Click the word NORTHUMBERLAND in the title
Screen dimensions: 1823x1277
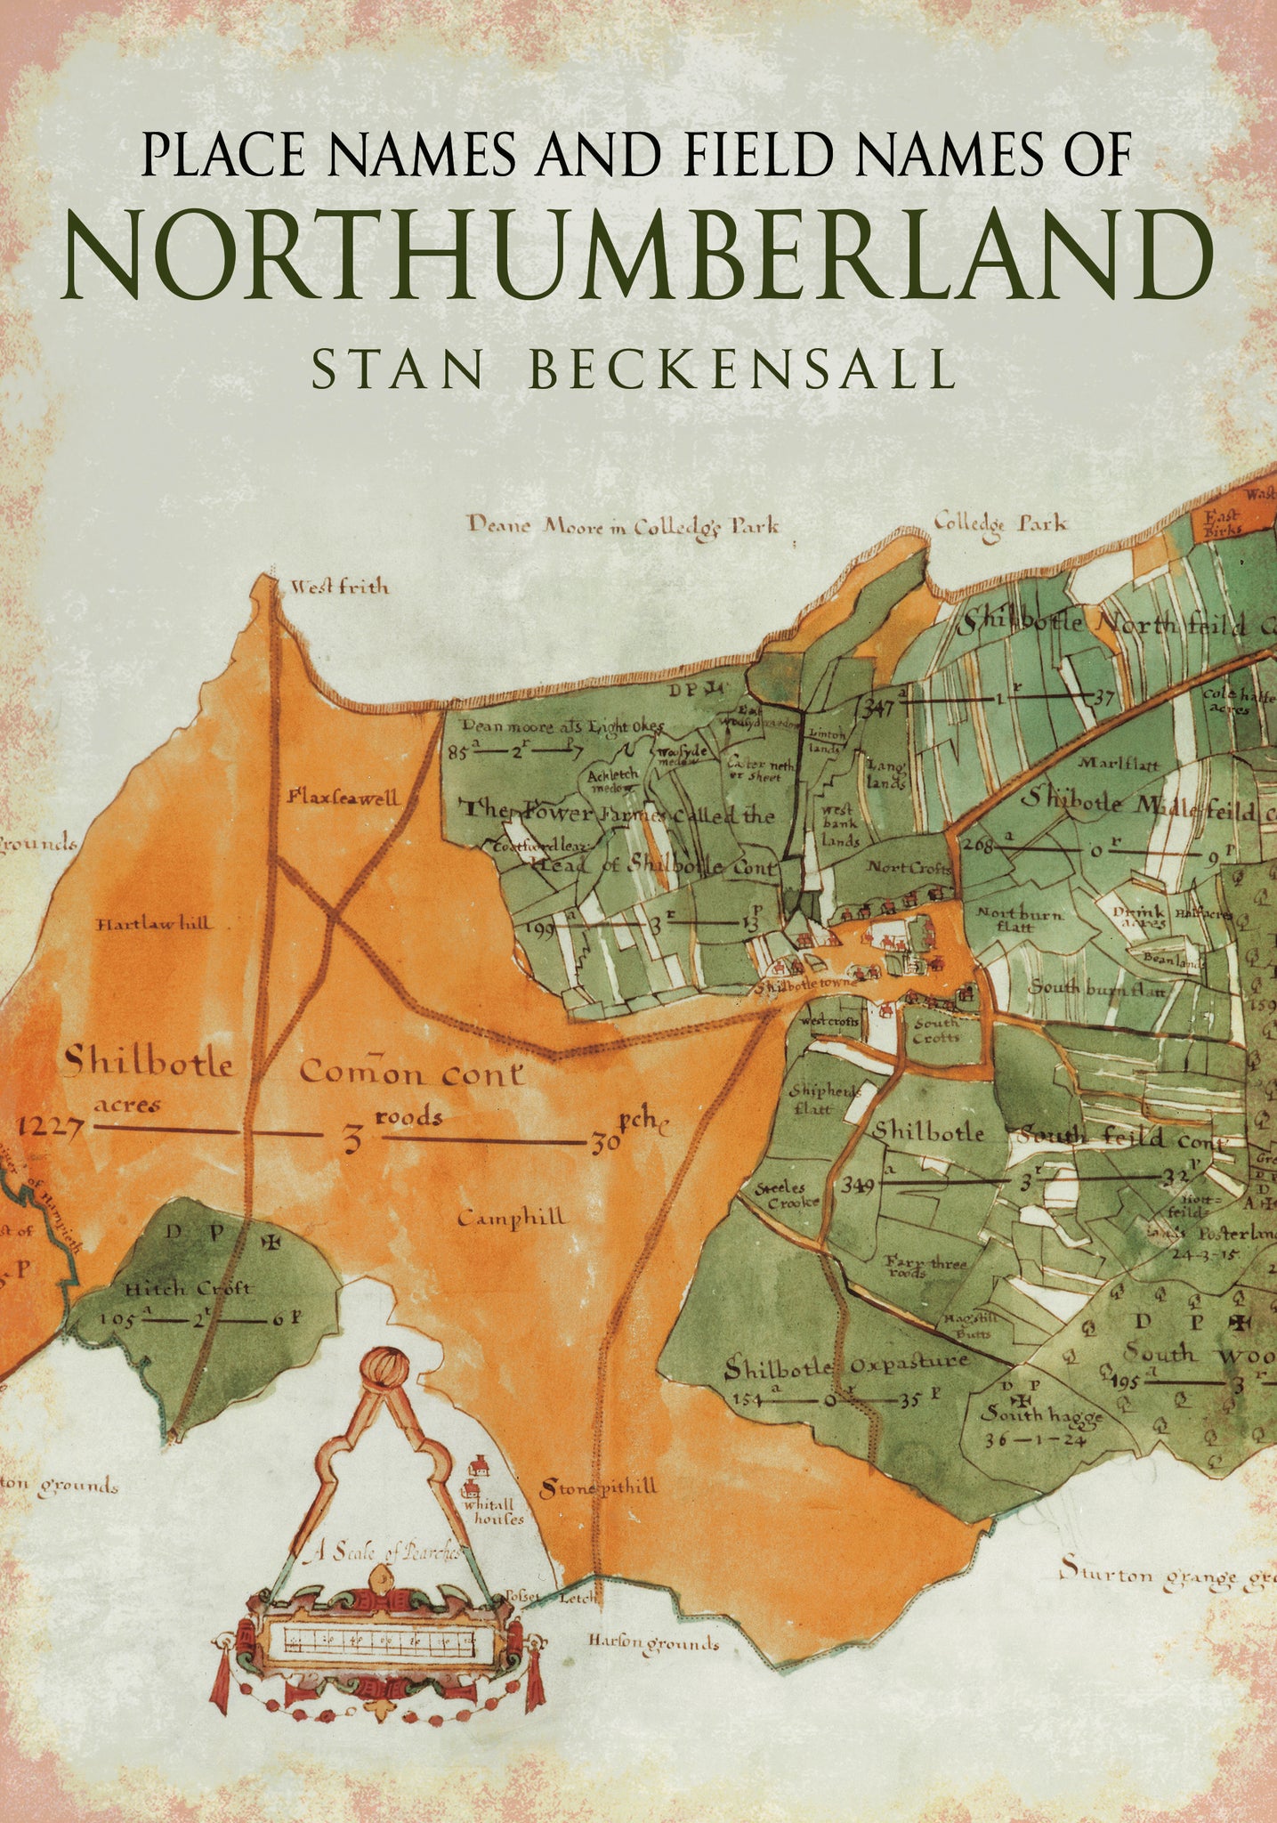(x=637, y=255)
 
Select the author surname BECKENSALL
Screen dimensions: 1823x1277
(x=742, y=371)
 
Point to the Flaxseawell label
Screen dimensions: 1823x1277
(x=343, y=798)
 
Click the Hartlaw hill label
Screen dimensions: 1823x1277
(x=155, y=923)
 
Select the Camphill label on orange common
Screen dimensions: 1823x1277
(x=511, y=1218)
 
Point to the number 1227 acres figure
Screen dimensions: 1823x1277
(x=51, y=1128)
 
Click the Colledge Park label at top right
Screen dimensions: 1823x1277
(x=1000, y=523)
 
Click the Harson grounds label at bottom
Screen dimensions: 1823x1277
(x=652, y=1643)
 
